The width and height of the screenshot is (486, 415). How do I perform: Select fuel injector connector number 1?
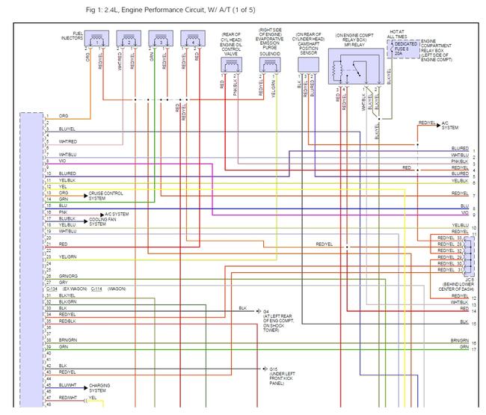pyautogui.click(x=99, y=40)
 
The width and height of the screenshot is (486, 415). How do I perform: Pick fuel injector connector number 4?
pyautogui.click(x=194, y=40)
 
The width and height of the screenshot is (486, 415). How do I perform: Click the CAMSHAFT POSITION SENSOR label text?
pyautogui.click(x=307, y=46)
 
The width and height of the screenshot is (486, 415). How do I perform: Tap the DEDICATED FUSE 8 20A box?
pyautogui.click(x=406, y=49)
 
